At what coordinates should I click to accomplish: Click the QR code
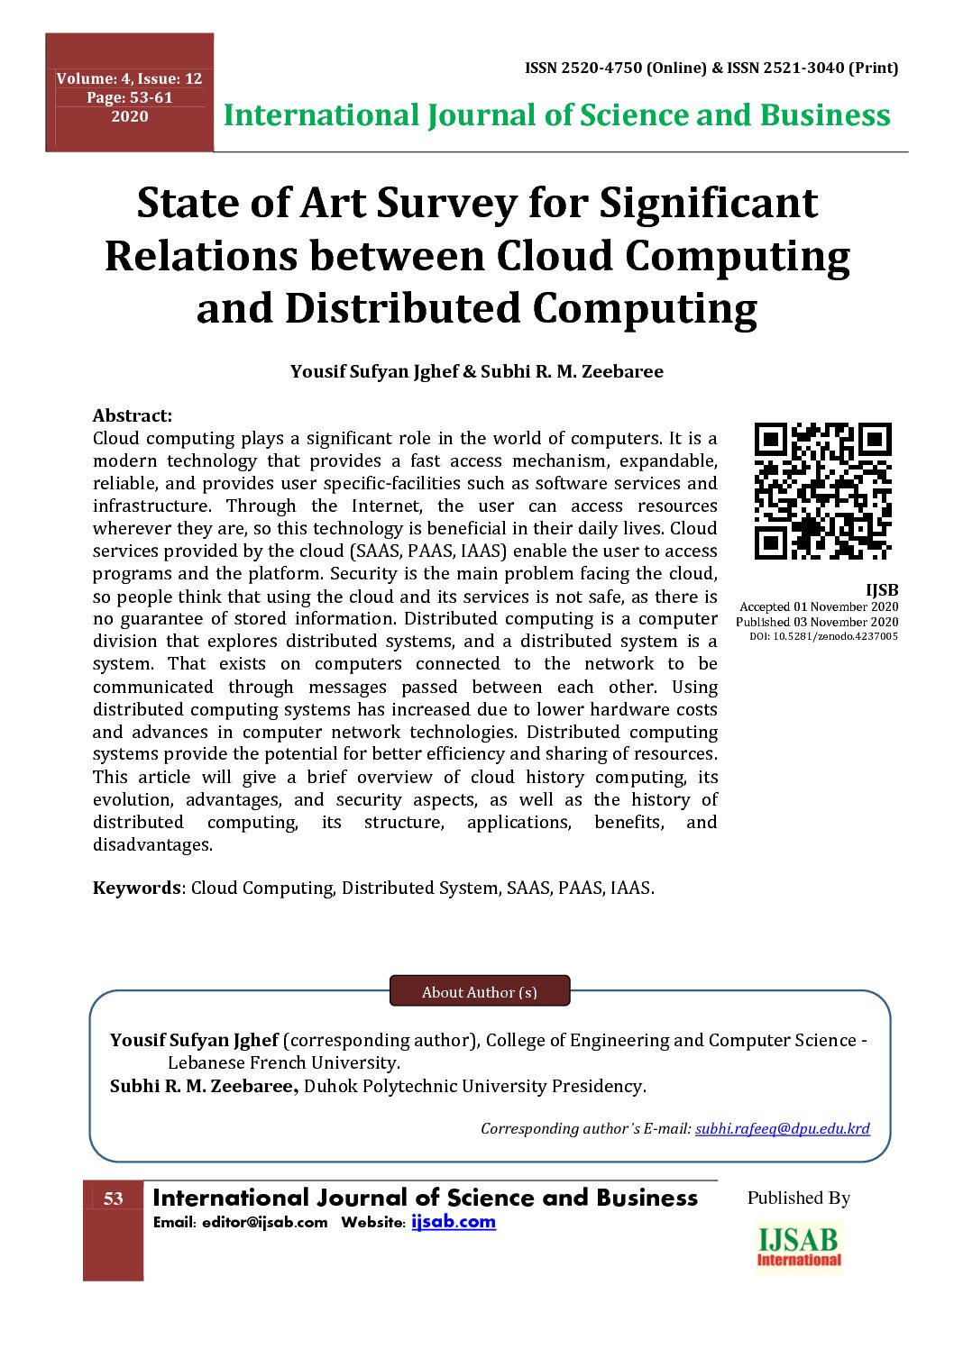pos(822,491)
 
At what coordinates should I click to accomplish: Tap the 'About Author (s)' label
pos(479,992)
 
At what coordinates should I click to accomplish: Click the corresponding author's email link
pos(782,1128)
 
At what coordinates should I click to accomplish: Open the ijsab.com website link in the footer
pos(453,1222)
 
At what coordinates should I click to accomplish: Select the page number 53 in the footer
pos(114,1199)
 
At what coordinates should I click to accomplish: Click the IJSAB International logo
pos(799,1246)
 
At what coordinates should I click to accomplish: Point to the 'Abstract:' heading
pos(132,415)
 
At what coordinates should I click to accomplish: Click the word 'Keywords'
pos(136,888)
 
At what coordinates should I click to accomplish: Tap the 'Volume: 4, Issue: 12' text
pos(129,78)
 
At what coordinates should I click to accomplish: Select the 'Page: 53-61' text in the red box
pos(129,97)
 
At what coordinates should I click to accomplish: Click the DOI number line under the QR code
pos(823,636)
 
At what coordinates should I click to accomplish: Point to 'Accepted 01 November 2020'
pos(819,606)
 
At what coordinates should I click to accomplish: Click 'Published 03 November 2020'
pos(817,622)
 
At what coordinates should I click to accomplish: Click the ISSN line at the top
pos(711,68)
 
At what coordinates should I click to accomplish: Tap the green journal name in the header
pos(556,115)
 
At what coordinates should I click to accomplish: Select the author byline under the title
pos(476,371)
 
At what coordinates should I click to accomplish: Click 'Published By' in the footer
pos(798,1198)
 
